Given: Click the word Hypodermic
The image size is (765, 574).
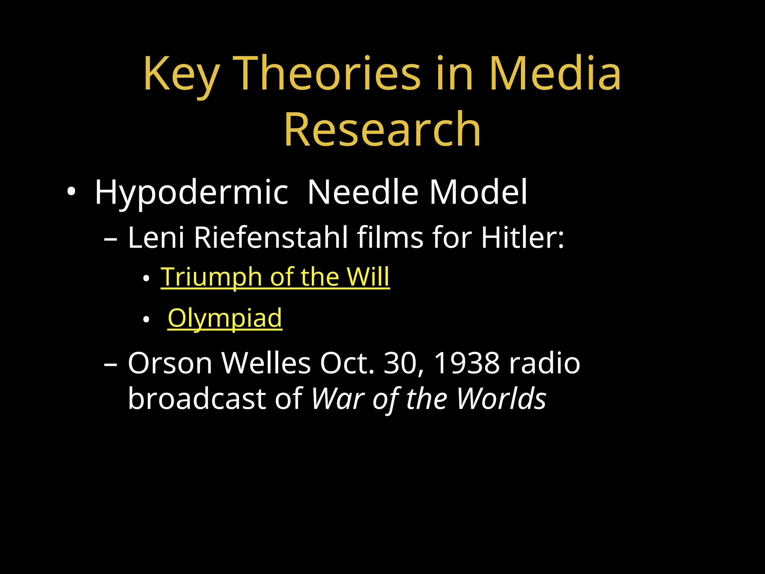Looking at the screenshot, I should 191,193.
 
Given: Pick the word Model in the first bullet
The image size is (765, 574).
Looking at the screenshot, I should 478,192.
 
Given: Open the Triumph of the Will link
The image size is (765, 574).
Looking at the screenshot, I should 275,277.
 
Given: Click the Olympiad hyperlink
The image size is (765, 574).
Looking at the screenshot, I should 224,318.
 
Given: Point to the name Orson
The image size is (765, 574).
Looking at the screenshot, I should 170,363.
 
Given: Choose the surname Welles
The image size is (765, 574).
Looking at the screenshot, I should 266,363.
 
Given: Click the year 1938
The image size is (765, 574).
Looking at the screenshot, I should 467,363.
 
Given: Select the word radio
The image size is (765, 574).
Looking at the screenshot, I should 545,363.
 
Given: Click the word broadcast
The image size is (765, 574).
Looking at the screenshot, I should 197,399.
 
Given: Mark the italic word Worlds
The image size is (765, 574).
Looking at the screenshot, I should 501,399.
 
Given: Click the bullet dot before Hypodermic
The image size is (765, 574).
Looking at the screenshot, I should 71,192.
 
